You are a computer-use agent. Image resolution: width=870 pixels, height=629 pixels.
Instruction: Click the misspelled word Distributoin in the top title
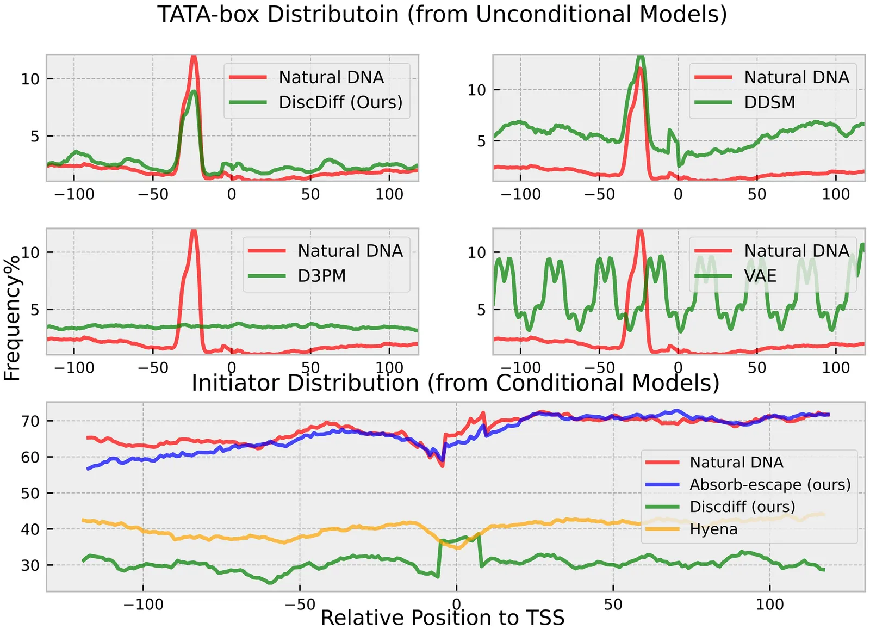tap(333, 15)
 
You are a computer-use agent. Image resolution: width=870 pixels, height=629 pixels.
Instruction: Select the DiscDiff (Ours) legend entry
tap(340, 102)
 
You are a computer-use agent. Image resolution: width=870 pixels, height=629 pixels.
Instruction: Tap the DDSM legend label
tap(769, 102)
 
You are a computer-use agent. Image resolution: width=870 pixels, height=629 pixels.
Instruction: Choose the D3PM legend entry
tap(321, 276)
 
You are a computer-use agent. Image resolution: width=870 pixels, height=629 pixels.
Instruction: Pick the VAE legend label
tap(760, 276)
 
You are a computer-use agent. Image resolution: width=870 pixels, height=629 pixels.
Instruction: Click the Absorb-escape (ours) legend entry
tap(770, 484)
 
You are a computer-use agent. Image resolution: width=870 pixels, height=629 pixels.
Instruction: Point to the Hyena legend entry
tap(713, 529)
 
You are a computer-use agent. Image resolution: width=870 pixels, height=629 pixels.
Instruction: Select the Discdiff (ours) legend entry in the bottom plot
tap(742, 507)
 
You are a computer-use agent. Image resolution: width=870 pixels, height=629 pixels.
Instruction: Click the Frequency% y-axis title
tap(12, 318)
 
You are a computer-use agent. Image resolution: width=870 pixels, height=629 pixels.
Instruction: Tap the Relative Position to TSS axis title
tap(443, 618)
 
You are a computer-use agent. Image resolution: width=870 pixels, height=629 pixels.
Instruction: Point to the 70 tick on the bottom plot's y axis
tap(30, 421)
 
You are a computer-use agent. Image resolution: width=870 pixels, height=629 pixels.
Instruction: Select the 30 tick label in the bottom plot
tap(30, 565)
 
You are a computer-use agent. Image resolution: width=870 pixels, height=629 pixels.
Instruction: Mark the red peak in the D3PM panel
tap(194, 231)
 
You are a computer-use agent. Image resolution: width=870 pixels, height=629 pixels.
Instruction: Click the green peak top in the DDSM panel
tap(641, 57)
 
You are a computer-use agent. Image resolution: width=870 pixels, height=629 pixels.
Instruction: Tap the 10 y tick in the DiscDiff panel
tap(30, 79)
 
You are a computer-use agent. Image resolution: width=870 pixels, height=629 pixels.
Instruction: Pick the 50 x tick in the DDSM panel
tap(756, 194)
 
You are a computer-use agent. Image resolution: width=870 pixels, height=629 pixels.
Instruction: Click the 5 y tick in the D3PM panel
tap(35, 310)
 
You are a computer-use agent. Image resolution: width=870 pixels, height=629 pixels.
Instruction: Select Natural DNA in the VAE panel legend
tap(797, 251)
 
